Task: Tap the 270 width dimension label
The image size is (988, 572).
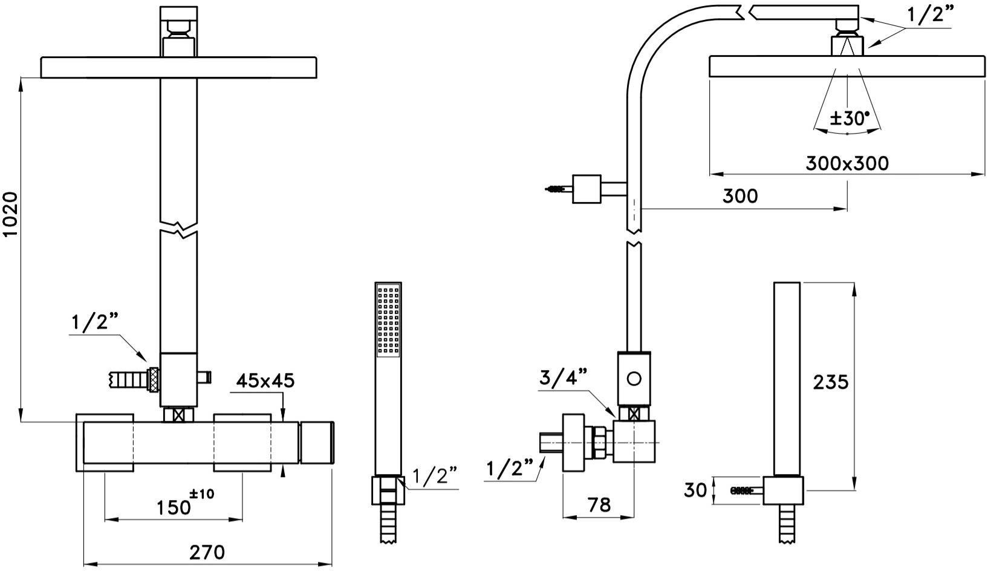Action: [207, 552]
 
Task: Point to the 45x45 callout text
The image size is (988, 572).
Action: [265, 380]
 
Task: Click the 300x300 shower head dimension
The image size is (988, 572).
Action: [847, 163]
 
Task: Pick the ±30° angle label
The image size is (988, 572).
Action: [848, 117]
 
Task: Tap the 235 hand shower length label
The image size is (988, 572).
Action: [831, 382]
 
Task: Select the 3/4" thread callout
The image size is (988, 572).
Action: [563, 377]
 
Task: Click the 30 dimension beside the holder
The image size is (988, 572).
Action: [695, 490]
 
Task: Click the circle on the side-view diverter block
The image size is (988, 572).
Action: [634, 379]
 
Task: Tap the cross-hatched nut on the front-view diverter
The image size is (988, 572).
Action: [154, 380]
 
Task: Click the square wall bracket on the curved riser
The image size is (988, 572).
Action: [586, 189]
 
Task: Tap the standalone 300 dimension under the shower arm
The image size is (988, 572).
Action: [739, 196]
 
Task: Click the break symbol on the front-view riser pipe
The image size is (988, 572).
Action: [179, 229]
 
